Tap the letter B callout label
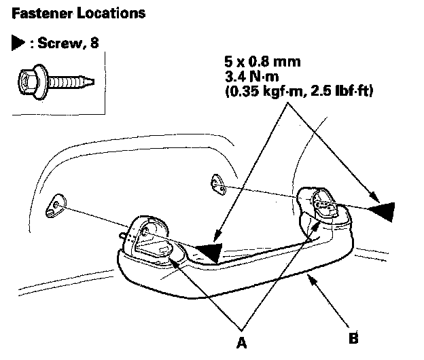click(353, 336)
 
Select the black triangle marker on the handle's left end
click(208, 252)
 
